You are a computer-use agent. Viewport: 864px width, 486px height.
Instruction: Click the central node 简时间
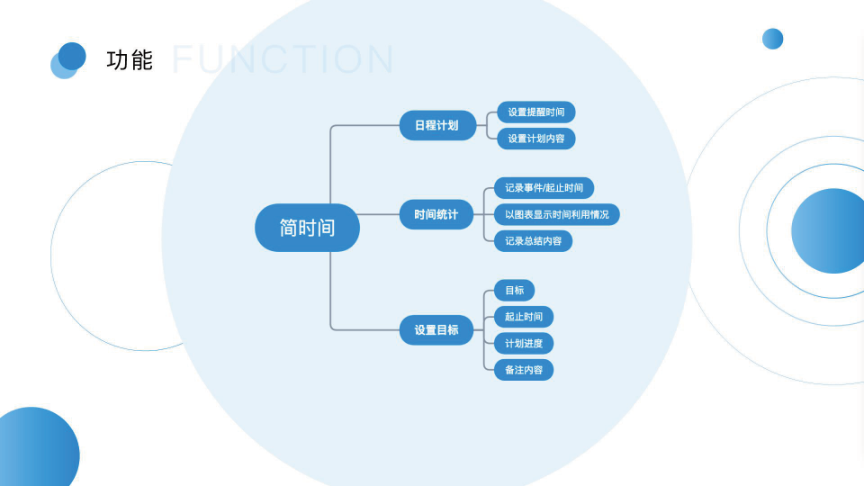[307, 228]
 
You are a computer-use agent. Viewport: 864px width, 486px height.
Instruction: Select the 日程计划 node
[436, 125]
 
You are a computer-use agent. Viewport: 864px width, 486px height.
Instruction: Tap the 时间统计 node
[436, 214]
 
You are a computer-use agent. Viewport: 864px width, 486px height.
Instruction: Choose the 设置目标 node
[436, 330]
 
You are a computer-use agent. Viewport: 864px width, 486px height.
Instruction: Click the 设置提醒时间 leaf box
[535, 112]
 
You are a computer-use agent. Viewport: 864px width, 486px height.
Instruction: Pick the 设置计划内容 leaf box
[535, 139]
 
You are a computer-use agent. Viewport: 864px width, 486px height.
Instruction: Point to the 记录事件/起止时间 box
[544, 188]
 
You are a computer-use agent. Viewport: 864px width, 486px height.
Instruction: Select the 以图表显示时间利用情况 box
[556, 214]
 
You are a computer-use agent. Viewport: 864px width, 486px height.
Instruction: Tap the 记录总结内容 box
[533, 240]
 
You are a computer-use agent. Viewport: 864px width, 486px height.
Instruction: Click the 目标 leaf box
[514, 290]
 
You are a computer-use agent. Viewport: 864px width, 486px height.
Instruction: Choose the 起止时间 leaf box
[523, 317]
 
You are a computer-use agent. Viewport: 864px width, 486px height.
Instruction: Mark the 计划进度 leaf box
[523, 343]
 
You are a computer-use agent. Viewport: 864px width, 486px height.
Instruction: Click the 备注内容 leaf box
[523, 370]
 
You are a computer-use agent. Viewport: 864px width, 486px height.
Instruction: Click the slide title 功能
[130, 60]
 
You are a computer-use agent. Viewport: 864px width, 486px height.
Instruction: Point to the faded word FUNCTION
[283, 59]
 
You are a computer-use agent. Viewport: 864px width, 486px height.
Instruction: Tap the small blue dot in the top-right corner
[772, 39]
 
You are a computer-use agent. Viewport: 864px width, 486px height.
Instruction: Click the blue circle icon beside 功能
[70, 58]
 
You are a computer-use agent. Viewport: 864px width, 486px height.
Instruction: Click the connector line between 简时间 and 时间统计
[380, 214]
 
